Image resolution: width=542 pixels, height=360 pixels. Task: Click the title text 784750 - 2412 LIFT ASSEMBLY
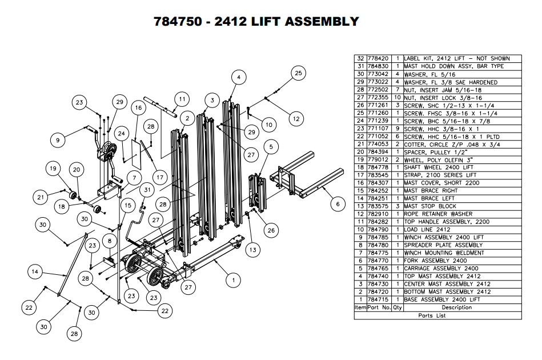coord(256,22)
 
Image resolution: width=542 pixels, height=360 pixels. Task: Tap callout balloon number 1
coord(232,280)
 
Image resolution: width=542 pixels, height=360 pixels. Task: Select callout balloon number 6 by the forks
coord(338,203)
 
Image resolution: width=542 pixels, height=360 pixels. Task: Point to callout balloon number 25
coord(298,73)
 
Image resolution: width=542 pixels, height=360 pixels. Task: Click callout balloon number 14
coord(35,273)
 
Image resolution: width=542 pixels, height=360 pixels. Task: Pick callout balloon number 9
coord(57,139)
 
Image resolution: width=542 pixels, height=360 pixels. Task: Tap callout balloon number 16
coord(138,107)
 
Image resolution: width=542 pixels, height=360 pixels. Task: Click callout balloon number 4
coord(239,77)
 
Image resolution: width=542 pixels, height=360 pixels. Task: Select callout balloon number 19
coord(53,169)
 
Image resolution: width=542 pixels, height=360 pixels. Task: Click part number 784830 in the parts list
coord(379,66)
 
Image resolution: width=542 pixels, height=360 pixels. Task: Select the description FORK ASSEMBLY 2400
coord(429,261)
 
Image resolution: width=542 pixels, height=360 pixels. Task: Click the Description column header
coord(456,307)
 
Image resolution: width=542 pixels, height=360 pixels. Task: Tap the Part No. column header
coord(379,307)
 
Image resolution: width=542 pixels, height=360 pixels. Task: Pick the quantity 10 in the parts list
coord(398,98)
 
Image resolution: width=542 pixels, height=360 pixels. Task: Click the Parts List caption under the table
coord(432,315)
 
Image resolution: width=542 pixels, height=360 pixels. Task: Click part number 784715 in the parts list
coord(379,299)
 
